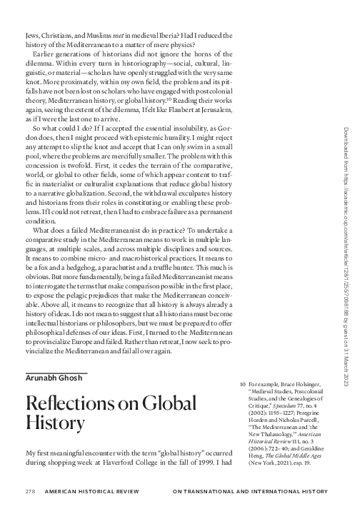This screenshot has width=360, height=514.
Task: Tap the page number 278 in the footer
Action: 30,492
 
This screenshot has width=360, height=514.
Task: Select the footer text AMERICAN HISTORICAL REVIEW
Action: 93,492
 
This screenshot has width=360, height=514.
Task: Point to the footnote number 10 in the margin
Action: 242,384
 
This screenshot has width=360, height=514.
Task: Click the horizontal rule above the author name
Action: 56,371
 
